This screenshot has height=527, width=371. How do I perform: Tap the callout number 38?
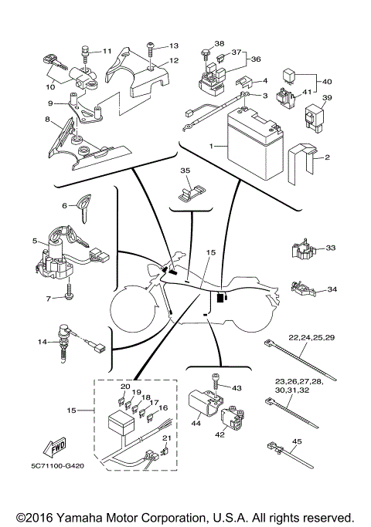point(220,44)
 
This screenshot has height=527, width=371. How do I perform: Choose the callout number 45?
point(297,441)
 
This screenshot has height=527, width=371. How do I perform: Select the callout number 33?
point(331,248)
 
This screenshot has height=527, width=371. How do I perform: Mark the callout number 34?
point(332,289)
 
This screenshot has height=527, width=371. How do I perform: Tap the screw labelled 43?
point(216,379)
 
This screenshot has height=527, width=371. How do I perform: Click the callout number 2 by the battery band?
point(327,157)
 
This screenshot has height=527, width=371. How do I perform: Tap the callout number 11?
point(107,51)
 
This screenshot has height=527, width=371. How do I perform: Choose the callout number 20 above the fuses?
point(126,386)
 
